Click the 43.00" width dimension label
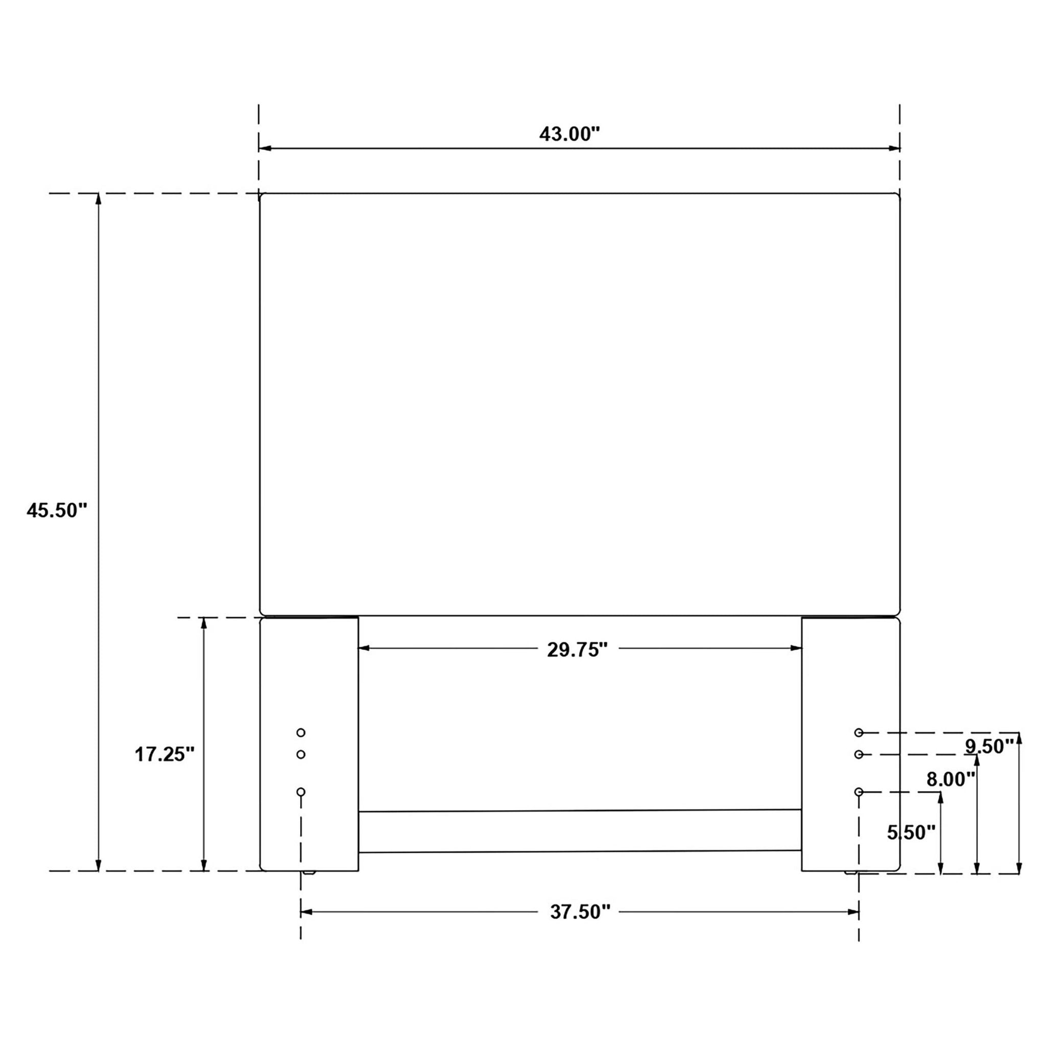pyautogui.click(x=569, y=134)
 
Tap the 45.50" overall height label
pyautogui.click(x=57, y=510)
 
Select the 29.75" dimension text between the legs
pyautogui.click(x=578, y=650)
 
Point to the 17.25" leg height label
pyautogui.click(x=164, y=754)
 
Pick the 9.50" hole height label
pyautogui.click(x=989, y=747)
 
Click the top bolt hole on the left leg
pyautogui.click(x=301, y=732)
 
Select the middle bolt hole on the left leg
pyautogui.click(x=301, y=754)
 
